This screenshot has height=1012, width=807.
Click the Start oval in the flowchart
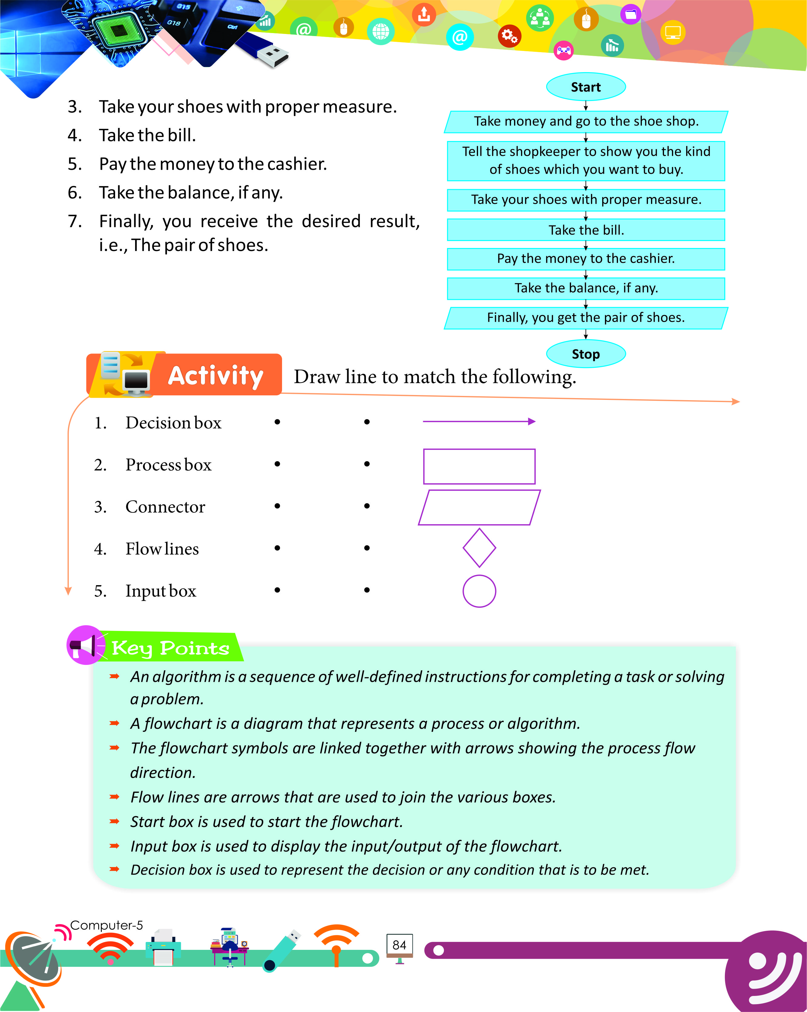coord(586,87)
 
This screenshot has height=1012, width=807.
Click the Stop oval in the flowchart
coord(586,354)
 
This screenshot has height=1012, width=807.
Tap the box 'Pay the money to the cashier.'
coord(586,259)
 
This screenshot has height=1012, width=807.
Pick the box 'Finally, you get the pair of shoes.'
coord(586,318)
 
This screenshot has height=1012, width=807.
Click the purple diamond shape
coord(479,548)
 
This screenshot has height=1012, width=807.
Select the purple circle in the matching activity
coord(479,591)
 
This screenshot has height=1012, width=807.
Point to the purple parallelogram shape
coord(479,508)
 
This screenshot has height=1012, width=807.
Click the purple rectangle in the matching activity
coord(479,466)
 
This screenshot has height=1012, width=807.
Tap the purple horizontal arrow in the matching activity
coord(478,421)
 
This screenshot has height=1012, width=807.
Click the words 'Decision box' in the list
coord(173,423)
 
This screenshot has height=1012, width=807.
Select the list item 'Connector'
coord(165,507)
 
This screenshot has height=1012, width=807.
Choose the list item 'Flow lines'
coord(162,549)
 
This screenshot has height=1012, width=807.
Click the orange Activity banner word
coord(215,376)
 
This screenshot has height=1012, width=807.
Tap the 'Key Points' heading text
coord(170,648)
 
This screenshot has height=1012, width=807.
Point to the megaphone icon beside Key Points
coord(84,646)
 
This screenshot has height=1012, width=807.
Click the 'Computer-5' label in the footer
coord(106,925)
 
